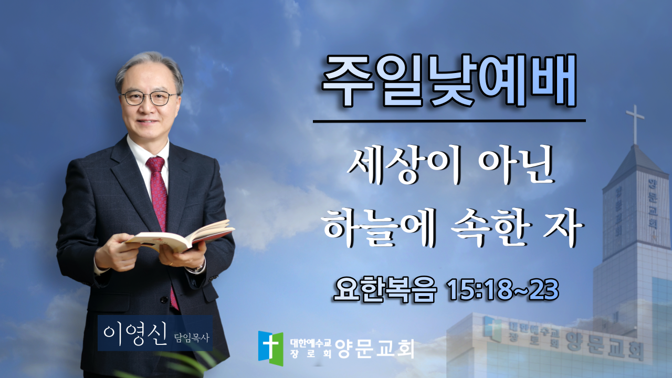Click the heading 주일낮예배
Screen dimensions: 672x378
449,80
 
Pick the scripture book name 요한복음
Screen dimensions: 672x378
385,290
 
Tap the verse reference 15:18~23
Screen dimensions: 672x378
503,290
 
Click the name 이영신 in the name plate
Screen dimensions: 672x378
135,334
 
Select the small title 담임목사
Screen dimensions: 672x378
192,338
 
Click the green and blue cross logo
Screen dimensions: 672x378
270,348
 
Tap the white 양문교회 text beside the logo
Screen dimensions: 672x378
375,349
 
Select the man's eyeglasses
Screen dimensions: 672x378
149,98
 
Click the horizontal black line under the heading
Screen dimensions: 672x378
449,121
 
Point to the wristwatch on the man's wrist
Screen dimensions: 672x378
198,267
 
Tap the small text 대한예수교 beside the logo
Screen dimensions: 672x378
310,343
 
